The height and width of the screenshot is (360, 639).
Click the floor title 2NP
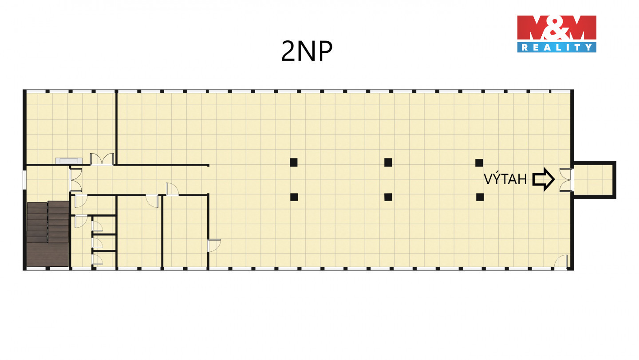click(x=307, y=51)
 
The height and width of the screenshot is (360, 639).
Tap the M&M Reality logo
click(x=556, y=34)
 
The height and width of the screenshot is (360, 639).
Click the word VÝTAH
click(x=505, y=179)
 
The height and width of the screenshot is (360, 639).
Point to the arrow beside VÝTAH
click(x=544, y=179)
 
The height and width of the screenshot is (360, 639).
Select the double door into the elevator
click(x=566, y=180)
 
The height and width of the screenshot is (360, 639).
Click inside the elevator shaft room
click(x=593, y=180)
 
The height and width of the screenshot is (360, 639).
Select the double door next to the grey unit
click(x=102, y=159)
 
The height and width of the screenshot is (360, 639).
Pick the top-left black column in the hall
click(x=293, y=162)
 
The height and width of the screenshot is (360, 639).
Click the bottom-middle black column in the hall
click(x=388, y=197)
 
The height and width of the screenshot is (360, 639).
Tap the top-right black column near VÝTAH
click(x=479, y=162)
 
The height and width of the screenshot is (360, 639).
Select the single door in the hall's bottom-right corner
click(x=561, y=262)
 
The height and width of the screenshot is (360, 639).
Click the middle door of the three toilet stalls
click(x=97, y=241)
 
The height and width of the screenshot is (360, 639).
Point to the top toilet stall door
click(x=97, y=225)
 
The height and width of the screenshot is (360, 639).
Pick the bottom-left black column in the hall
click(x=293, y=197)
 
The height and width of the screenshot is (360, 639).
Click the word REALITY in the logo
click(x=556, y=47)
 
